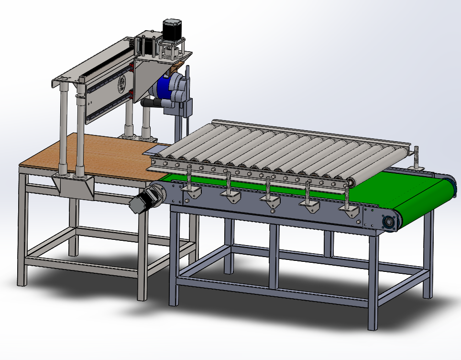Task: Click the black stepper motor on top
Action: point(170,30)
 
